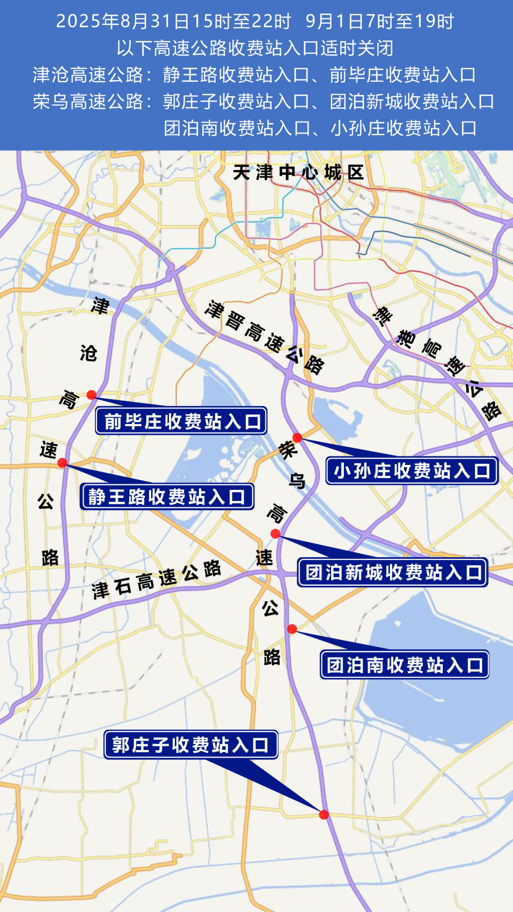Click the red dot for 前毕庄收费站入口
[x=91, y=395]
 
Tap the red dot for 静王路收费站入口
[x=62, y=463]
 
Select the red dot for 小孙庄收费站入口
[x=297, y=437]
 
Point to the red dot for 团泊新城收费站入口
[x=275, y=534]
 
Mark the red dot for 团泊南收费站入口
[x=292, y=629]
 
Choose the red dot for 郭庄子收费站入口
[x=324, y=815]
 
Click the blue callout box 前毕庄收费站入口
[x=181, y=421]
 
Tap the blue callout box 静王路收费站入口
[x=167, y=496]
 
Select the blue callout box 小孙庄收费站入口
[x=412, y=471]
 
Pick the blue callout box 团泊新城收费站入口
[x=393, y=572]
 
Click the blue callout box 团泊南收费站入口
[x=405, y=665]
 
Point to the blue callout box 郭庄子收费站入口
[x=191, y=744]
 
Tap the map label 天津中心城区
[x=298, y=172]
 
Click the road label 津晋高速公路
[x=264, y=337]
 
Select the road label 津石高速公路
[x=156, y=579]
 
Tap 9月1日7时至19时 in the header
[x=380, y=21]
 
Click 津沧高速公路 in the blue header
[x=88, y=75]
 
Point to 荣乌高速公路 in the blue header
[x=88, y=101]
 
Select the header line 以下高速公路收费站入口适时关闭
[x=256, y=48]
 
